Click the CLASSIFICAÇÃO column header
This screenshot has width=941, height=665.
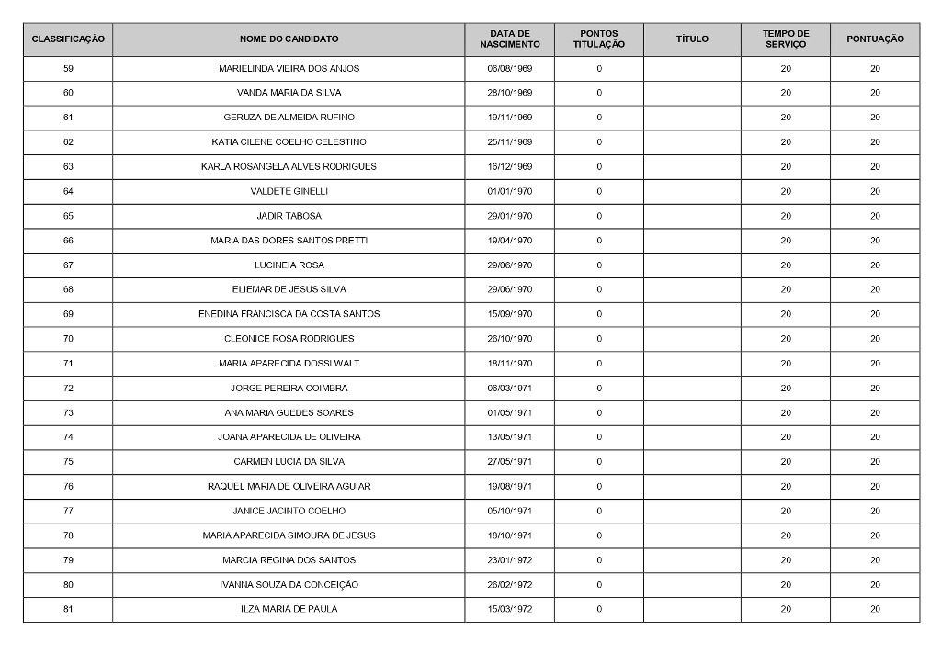(68, 39)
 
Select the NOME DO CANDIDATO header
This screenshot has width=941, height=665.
(289, 39)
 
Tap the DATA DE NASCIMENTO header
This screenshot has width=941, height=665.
(509, 39)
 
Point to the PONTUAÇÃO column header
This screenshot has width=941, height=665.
(875, 39)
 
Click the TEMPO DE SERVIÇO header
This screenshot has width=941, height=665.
(786, 39)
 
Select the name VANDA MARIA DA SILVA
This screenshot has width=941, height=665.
(289, 93)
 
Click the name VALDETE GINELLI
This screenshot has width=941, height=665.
(289, 191)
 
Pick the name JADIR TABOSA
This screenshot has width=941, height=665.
(289, 216)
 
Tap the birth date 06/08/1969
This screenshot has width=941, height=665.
(509, 69)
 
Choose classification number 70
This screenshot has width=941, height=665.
(68, 339)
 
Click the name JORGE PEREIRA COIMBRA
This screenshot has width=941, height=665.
(289, 388)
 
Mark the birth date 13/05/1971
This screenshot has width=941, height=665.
(509, 437)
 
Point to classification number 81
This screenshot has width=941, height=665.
(68, 609)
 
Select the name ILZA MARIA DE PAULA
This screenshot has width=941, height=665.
(289, 609)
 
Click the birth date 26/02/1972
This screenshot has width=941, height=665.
(509, 585)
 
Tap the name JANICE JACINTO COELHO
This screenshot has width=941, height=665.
(289, 511)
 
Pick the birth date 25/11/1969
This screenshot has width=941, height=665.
(509, 142)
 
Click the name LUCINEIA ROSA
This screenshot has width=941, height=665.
(289, 265)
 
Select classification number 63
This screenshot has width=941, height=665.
(68, 167)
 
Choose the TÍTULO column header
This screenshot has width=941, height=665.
(692, 39)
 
